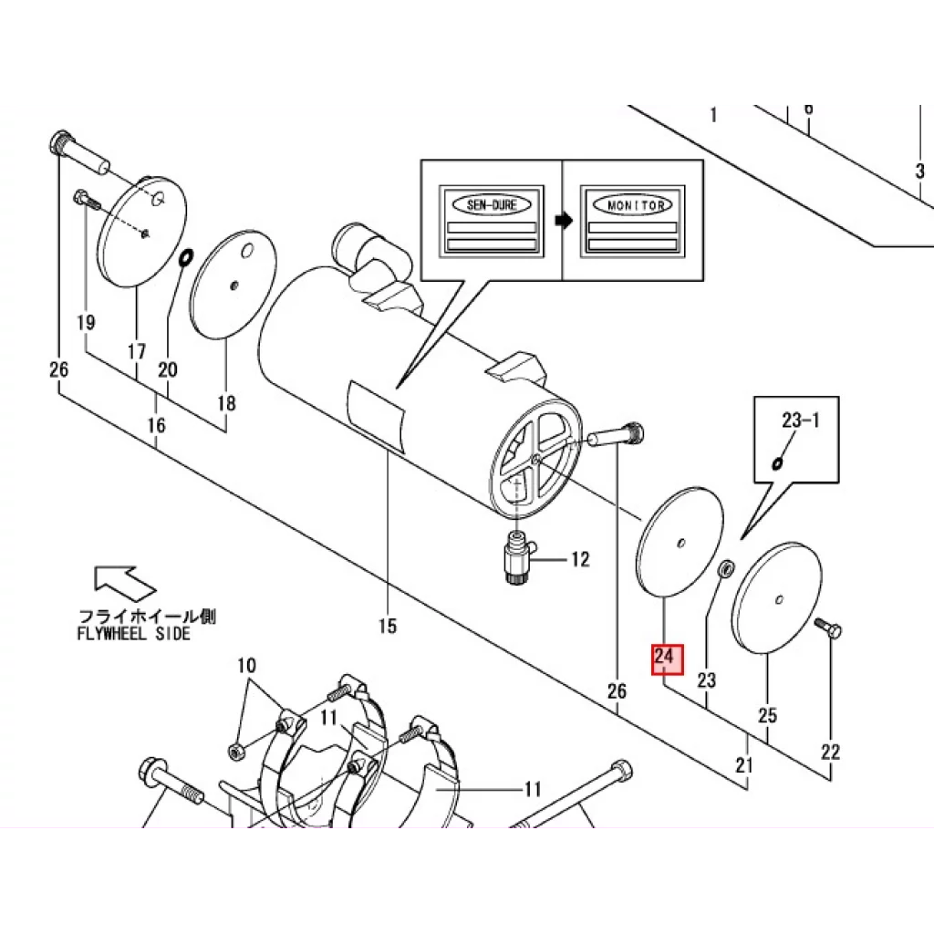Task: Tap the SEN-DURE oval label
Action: point(492,205)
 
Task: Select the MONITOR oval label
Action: point(633,205)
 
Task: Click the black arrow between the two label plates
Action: point(563,221)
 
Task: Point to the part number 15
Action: point(387,626)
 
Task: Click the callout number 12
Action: point(579,559)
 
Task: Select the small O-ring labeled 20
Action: point(186,257)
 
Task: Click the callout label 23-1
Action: point(800,420)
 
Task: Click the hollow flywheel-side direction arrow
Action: point(124,583)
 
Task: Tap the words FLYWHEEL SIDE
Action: point(134,634)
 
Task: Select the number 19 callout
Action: point(86,322)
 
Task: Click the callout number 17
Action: point(137,351)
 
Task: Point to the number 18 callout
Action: point(226,403)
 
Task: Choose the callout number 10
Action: point(246,665)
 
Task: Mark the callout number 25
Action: point(767,715)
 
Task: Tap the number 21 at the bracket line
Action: point(744,764)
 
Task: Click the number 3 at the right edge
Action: point(919,171)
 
